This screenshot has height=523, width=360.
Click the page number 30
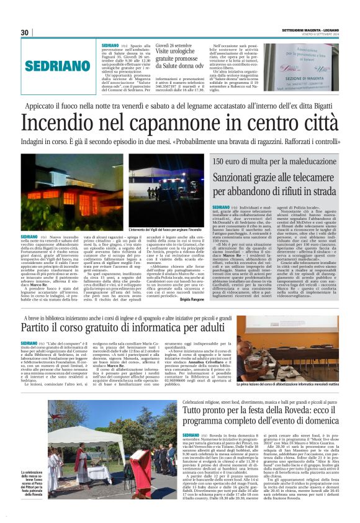(25, 32)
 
